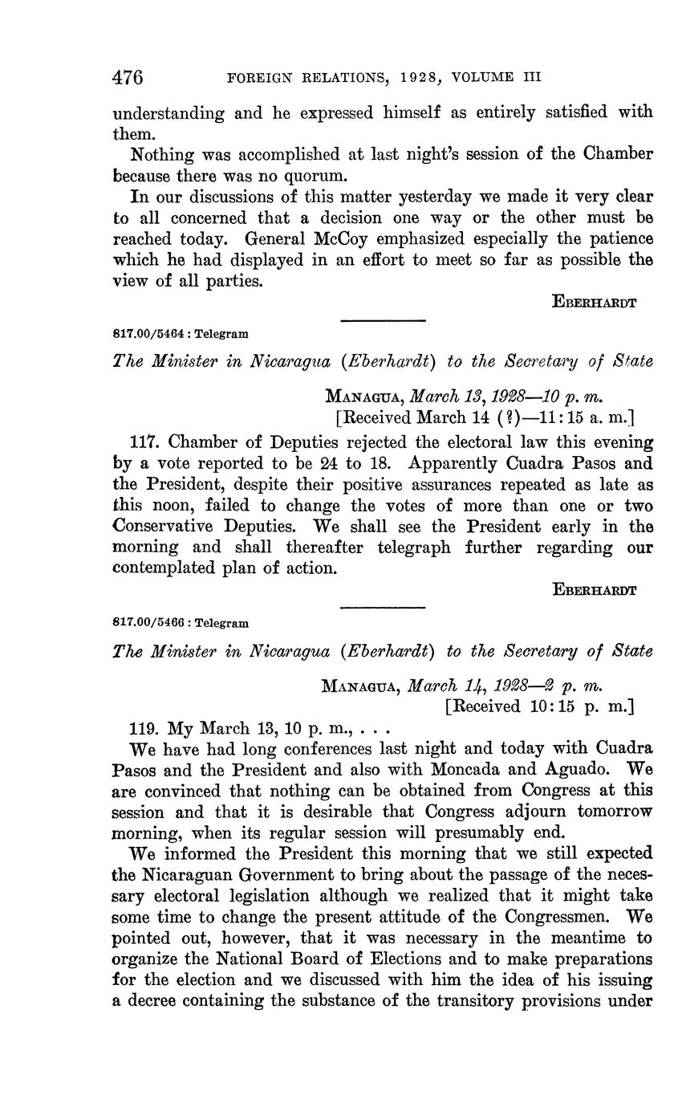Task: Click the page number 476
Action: point(128,78)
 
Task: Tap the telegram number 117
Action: point(144,442)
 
